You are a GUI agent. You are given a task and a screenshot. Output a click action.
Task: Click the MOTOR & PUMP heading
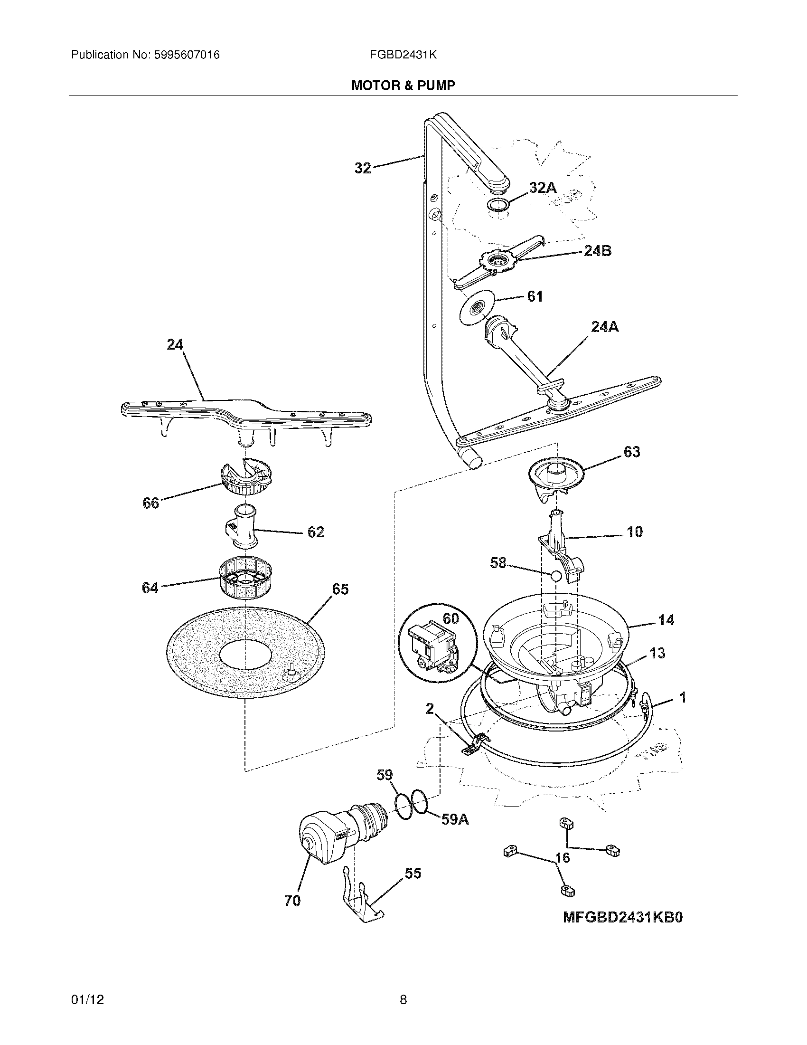pos(403,85)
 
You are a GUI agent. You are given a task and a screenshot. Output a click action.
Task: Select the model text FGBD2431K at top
pos(403,55)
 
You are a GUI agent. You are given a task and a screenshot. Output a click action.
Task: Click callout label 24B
pos(597,250)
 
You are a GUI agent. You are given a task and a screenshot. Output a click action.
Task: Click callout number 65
pos(340,589)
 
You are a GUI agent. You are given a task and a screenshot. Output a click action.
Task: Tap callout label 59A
pos(454,820)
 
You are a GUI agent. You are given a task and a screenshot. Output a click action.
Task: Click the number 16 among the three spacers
pos(563,857)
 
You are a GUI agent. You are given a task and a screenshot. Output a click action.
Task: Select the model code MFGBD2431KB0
pos(622,917)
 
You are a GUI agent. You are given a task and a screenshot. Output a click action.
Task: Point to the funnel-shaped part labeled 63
pos(557,476)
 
